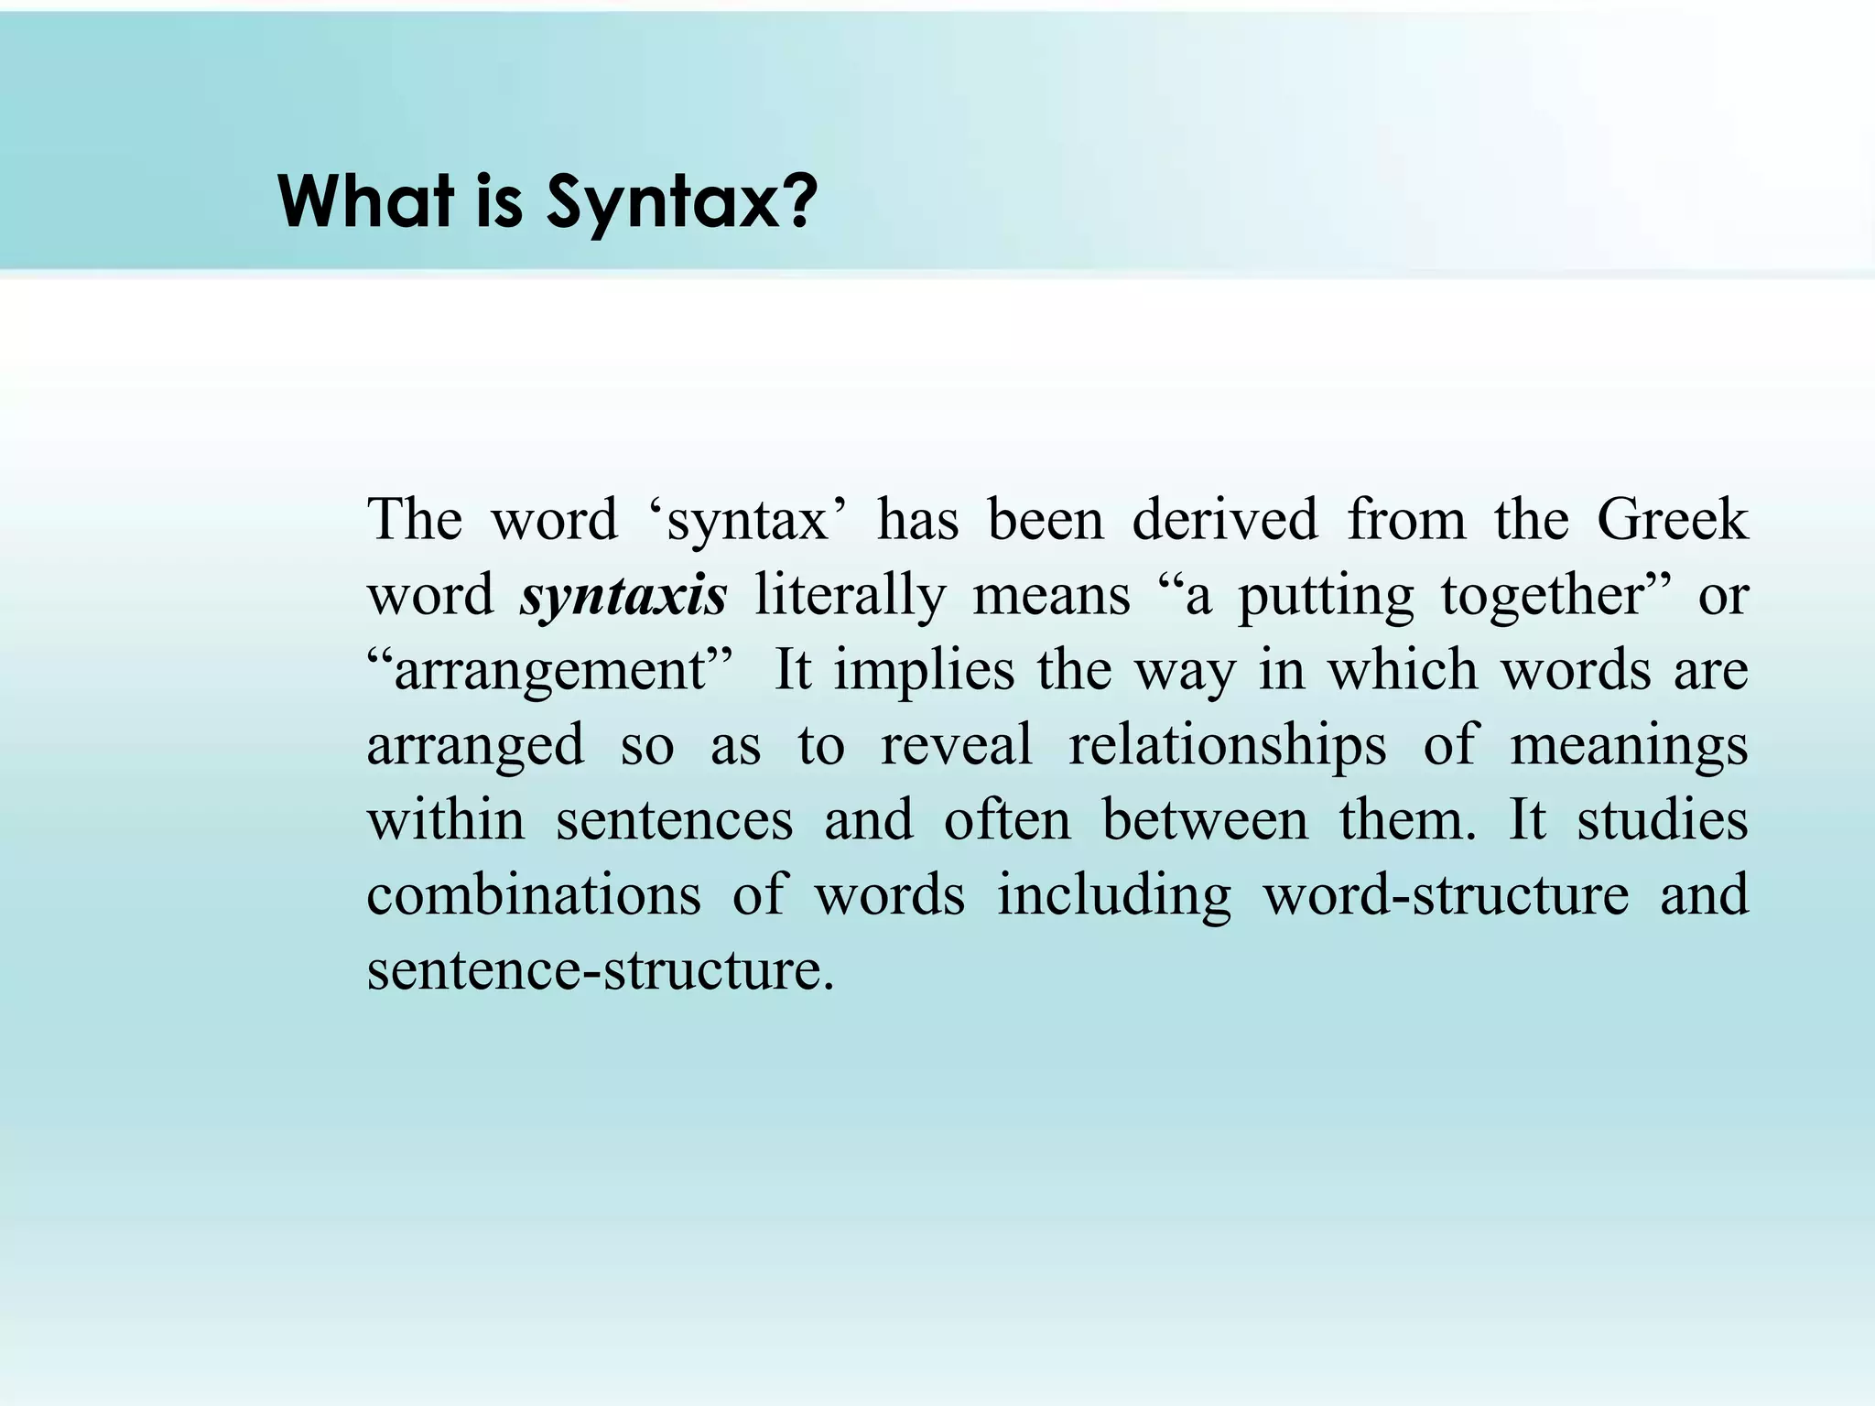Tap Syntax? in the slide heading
[x=680, y=203]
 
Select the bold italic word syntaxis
[x=623, y=595]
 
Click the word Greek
[x=1672, y=520]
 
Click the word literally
[x=850, y=595]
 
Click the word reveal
[x=957, y=745]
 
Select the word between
[x=1205, y=820]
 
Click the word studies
[x=1662, y=820]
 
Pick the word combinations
[x=534, y=895]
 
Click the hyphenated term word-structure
[x=1446, y=895]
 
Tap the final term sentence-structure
[x=601, y=970]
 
